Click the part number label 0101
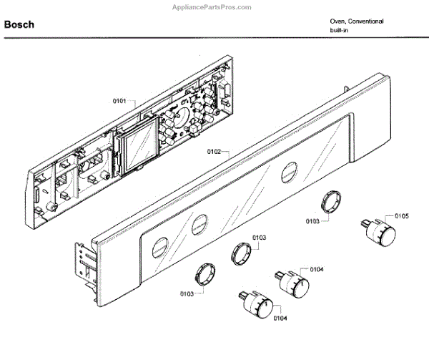click(x=119, y=102)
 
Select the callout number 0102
click(x=214, y=152)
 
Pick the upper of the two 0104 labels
click(x=316, y=270)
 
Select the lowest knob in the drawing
click(x=257, y=306)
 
